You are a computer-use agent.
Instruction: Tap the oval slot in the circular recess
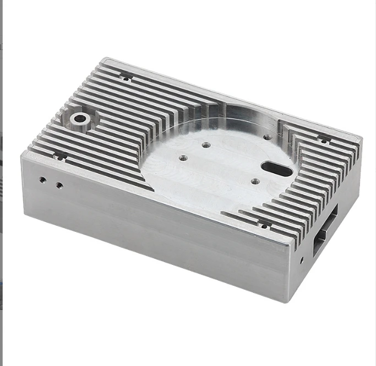pos(277,169)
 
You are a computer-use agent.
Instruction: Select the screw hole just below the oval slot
pos(254,181)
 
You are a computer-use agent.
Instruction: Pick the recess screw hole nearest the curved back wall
pos(266,137)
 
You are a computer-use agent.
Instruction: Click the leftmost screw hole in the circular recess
pos(183,158)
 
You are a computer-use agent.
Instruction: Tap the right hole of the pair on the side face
pos(59,185)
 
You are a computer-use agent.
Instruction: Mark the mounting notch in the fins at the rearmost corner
pos(126,77)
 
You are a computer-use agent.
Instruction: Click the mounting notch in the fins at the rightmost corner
pos(324,140)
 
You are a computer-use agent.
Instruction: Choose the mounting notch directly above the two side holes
pos(59,156)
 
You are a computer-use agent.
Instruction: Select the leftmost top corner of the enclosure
pos(22,154)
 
